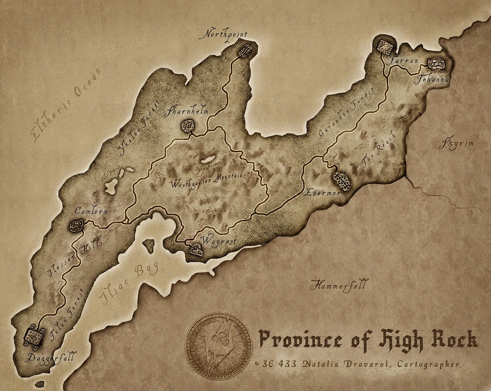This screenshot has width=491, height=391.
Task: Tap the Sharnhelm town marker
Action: [187, 126]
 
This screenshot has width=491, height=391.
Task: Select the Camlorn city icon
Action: [76, 225]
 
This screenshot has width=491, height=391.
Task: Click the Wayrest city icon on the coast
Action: [195, 249]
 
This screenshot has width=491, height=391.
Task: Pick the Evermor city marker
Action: [341, 180]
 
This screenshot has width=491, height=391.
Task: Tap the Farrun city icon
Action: [385, 47]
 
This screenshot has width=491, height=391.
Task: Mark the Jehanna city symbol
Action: [436, 63]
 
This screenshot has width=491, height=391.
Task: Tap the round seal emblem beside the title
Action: [219, 346]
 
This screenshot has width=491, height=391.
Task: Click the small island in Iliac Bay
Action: [149, 246]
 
